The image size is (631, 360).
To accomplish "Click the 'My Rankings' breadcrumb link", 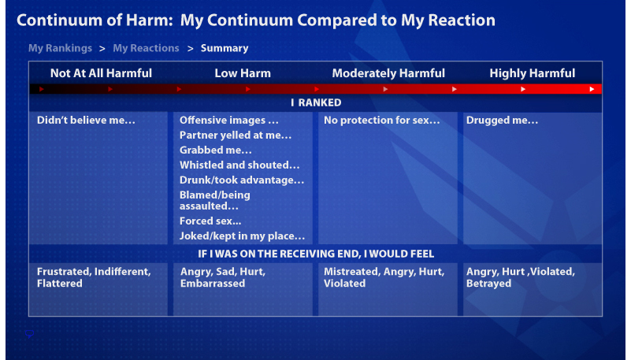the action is (x=60, y=48).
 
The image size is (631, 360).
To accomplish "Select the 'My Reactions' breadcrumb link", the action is (x=146, y=48).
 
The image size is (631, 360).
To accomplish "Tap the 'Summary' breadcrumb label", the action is (x=225, y=48).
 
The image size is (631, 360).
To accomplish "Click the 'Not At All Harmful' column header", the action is (x=101, y=73).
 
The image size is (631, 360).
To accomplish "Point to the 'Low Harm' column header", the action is (x=243, y=73).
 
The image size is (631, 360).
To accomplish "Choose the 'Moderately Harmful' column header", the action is (x=388, y=73).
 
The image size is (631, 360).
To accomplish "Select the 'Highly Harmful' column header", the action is (x=532, y=73).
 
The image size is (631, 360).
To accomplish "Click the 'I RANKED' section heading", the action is (x=316, y=102).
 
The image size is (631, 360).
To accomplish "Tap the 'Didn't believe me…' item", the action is (x=86, y=121).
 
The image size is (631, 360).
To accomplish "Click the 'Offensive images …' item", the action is (x=229, y=121).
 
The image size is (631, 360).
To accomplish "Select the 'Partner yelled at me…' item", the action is (x=236, y=135).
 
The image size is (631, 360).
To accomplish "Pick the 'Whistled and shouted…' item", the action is (x=239, y=165).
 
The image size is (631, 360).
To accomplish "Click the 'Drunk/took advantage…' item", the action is (x=242, y=180).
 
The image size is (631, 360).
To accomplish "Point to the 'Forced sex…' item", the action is (x=210, y=221).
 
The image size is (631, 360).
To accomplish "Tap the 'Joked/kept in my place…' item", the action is (x=243, y=236).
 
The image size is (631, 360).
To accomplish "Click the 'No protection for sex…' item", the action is (x=382, y=121).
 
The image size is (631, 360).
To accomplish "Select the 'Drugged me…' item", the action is (x=503, y=121).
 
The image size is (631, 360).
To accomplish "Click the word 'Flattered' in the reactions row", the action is (x=60, y=283).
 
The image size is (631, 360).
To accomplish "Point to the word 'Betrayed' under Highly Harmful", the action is (x=489, y=283).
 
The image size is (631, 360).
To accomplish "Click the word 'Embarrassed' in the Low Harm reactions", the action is (x=213, y=283).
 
